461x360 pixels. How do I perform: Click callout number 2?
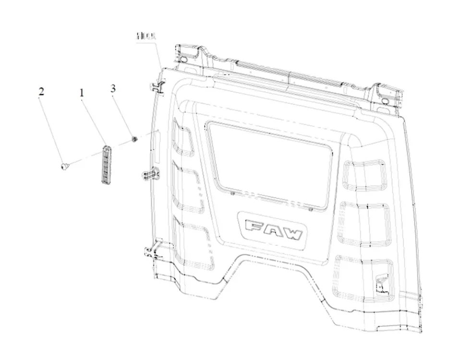pyautogui.click(x=42, y=92)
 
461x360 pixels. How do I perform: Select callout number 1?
pyautogui.click(x=82, y=92)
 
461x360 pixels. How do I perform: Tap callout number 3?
pyautogui.click(x=113, y=88)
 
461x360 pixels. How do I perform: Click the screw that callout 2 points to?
pyautogui.click(x=63, y=166)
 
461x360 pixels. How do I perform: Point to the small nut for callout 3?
pyautogui.click(x=135, y=139)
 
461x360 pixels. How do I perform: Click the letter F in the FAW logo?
pyautogui.click(x=252, y=226)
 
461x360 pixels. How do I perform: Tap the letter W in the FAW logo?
pyautogui.click(x=292, y=234)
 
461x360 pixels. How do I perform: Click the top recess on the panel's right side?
pyautogui.click(x=365, y=174)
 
